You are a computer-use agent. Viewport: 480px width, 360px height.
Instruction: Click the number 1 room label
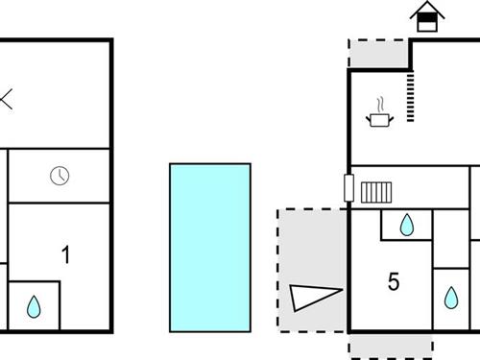(65, 255)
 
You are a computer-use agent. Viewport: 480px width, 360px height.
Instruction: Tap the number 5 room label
(393, 281)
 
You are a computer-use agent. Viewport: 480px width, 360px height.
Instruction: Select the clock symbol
(60, 176)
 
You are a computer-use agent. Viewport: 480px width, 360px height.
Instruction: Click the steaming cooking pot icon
(379, 119)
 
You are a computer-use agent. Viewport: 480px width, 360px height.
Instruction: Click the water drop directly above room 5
(407, 225)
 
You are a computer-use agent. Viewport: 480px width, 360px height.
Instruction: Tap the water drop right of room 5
(451, 298)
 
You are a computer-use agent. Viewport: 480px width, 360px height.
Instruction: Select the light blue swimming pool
(210, 245)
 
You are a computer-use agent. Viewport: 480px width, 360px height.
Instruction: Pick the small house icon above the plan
(425, 16)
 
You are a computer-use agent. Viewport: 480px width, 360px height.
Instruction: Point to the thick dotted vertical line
(411, 96)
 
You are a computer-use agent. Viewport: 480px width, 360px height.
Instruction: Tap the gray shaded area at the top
(378, 54)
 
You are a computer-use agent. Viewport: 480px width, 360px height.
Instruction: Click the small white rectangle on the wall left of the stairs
(346, 187)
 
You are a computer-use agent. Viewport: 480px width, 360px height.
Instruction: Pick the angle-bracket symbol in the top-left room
(6, 99)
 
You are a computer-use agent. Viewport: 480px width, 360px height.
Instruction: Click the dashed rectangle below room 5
(390, 344)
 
